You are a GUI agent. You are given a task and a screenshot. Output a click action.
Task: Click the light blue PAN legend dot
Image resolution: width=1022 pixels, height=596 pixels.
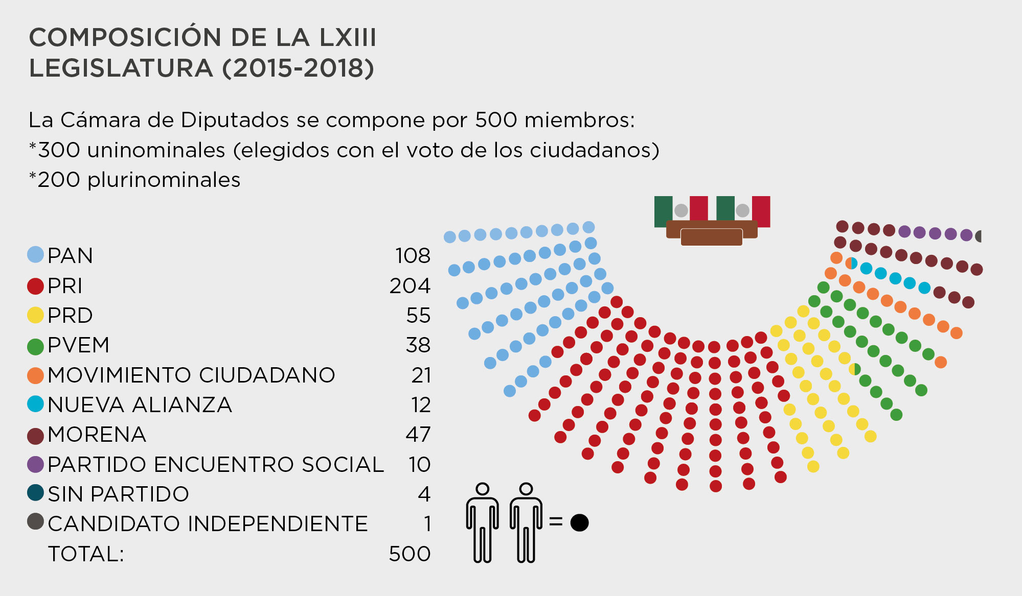point(35,255)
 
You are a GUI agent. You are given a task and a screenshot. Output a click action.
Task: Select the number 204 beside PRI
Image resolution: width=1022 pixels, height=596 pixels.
point(410,285)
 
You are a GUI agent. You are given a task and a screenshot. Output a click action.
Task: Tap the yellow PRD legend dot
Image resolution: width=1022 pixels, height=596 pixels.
point(35,315)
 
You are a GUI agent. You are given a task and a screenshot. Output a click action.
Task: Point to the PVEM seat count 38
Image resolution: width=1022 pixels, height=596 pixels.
point(418,345)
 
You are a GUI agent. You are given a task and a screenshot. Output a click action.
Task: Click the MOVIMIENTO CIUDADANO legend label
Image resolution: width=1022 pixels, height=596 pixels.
point(191,375)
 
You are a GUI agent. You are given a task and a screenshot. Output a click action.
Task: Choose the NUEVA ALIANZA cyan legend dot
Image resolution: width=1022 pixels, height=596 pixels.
point(35,404)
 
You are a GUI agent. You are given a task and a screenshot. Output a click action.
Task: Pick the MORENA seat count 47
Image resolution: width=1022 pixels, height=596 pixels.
point(418,435)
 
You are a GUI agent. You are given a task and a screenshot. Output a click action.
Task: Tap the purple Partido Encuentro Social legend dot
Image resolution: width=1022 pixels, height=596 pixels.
point(35,464)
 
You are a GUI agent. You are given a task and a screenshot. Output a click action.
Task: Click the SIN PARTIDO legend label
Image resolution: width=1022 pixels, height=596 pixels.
point(118,494)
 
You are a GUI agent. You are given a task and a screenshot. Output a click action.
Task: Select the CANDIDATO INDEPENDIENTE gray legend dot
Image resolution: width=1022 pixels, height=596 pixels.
point(35,521)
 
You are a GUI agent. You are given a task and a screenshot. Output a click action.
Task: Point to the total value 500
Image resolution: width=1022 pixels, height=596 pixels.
point(410,554)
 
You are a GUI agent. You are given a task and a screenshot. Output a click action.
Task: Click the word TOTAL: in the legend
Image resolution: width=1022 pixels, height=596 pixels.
point(86,554)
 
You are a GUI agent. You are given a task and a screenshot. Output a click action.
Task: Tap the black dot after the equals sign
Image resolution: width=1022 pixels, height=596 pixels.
point(579,522)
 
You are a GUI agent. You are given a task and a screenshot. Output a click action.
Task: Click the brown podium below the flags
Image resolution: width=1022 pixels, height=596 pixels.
point(711,235)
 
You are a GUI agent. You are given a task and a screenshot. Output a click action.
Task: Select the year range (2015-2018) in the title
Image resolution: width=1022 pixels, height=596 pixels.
point(298,68)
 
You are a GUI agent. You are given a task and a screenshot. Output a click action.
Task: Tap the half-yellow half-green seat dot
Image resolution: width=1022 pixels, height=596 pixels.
point(855,369)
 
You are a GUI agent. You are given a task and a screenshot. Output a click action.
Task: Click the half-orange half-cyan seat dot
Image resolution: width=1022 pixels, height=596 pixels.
point(851,264)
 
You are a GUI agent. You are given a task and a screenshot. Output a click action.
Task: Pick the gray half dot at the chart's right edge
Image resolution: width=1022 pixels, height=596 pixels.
point(979,236)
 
